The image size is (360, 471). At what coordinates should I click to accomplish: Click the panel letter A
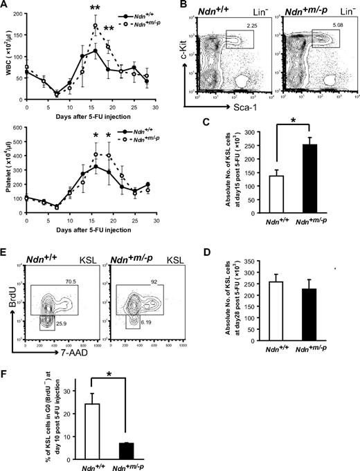5,6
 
